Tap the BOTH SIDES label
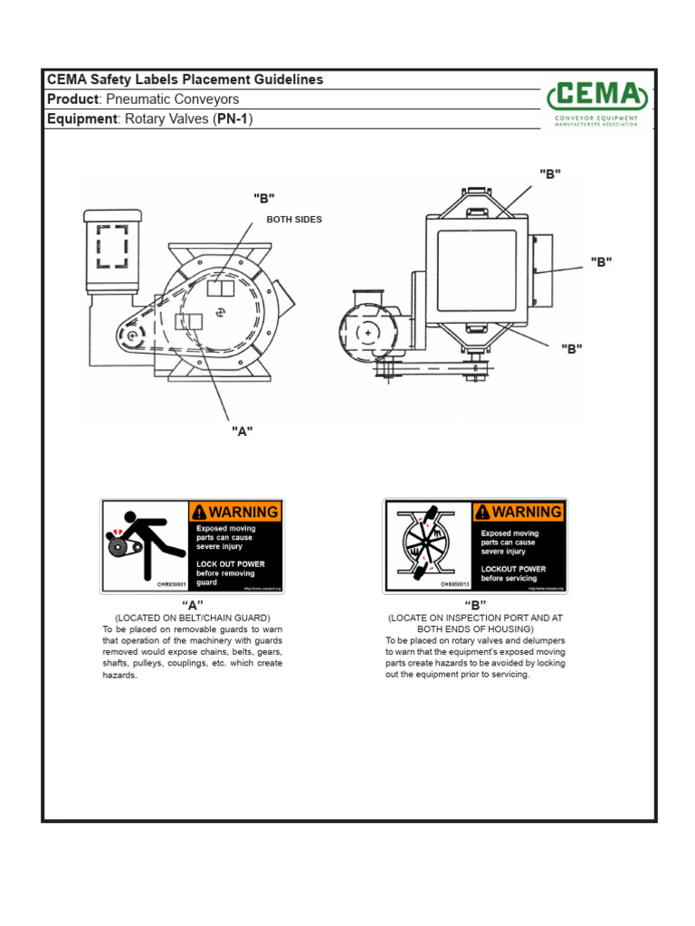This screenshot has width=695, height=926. [x=293, y=220]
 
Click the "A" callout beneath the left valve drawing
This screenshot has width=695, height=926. [x=241, y=431]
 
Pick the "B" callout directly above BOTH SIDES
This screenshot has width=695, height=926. [x=263, y=199]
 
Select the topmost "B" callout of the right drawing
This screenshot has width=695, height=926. [x=550, y=175]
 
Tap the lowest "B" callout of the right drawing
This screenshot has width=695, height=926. [x=571, y=348]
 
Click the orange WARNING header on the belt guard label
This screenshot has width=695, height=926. [x=235, y=511]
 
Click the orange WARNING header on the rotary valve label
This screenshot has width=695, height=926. [x=519, y=511]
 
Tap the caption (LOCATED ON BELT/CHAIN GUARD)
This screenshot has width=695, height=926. [x=192, y=618]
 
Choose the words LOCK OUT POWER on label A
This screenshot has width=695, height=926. [x=231, y=563]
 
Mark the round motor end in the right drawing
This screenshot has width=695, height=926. [x=367, y=333]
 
